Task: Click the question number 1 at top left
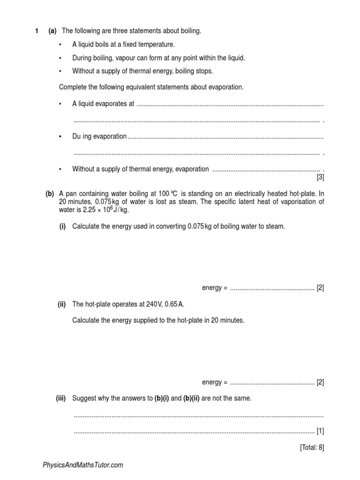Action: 37,31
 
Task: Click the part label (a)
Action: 52,31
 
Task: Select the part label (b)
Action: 50,194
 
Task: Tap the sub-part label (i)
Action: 62,226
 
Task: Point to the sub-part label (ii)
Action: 61,304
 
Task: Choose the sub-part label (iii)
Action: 61,398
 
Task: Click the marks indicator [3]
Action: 320,177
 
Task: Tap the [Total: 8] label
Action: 312,447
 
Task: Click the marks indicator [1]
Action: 320,430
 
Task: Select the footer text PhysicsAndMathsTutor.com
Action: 83,465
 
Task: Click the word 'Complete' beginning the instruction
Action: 73,87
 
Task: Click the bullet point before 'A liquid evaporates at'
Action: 60,104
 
